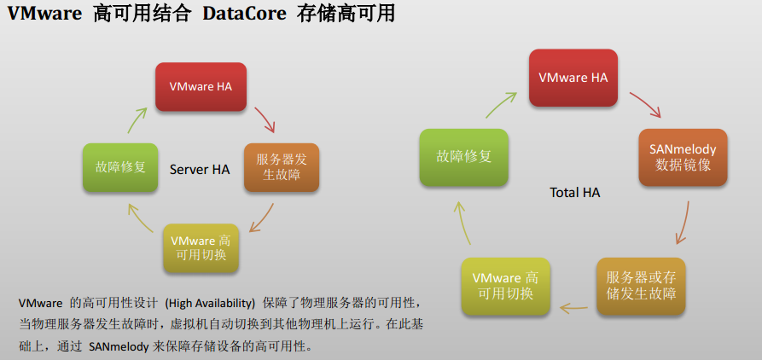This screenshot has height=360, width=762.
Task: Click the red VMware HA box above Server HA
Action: tap(201, 87)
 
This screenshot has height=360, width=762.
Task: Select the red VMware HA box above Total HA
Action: tap(573, 78)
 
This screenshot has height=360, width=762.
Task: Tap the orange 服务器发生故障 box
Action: tap(282, 167)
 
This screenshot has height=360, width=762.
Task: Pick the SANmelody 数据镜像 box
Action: tap(683, 158)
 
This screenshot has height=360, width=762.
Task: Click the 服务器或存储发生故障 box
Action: tap(641, 286)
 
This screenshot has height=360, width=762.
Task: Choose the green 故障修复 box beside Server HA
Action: tap(120, 167)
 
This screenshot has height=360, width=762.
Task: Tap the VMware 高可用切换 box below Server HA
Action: tap(201, 247)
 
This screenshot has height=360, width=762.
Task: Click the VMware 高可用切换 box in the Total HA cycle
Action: tap(506, 286)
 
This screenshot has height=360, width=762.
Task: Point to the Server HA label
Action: tap(200, 170)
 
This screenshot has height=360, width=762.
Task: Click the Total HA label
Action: tap(575, 193)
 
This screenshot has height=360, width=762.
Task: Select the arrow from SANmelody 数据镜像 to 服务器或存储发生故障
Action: tap(683, 223)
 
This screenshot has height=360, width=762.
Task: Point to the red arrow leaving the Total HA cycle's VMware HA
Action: tap(646, 104)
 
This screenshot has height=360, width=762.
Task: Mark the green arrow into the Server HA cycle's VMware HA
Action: tap(137, 120)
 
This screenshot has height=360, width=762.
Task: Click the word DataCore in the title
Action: tap(244, 14)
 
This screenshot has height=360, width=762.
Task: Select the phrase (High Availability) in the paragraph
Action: tap(210, 303)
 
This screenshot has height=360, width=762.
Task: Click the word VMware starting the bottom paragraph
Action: tap(40, 303)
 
